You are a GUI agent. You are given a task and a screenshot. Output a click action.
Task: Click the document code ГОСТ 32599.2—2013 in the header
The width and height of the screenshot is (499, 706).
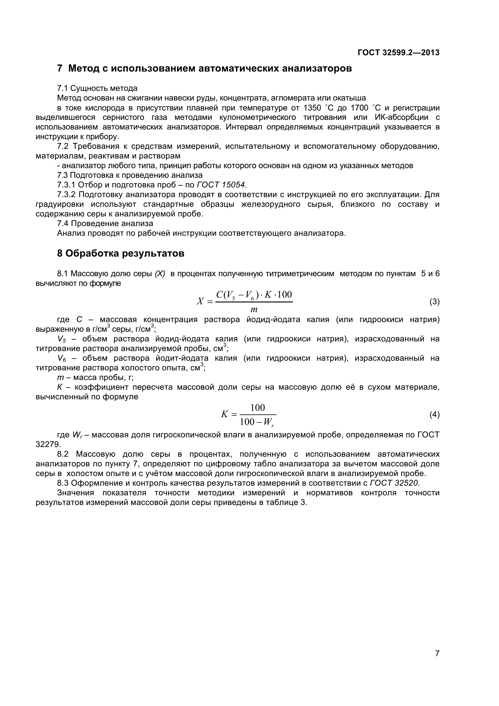pos(398,53)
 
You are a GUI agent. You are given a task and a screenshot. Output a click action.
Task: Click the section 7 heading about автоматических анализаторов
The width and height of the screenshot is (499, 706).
pos(204,68)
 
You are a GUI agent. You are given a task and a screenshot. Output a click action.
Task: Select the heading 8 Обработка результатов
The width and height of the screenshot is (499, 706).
pos(120,253)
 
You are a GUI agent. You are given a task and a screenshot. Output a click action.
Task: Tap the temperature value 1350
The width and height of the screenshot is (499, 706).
pos(312,108)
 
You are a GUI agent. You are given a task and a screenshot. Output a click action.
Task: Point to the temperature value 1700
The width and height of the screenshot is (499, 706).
pos(360,108)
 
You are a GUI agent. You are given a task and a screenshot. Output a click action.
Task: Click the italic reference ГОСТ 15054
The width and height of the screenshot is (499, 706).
pos(221,185)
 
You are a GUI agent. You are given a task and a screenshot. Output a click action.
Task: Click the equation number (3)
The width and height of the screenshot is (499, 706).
pos(434,302)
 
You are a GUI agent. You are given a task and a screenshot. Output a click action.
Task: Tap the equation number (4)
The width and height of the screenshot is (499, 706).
pos(434,415)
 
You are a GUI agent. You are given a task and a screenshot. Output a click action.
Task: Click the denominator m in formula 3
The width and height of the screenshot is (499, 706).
pos(254,309)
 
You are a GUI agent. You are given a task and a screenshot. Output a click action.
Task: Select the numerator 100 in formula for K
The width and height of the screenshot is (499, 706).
pos(257,408)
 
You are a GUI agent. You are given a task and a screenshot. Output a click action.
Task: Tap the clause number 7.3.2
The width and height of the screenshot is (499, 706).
pos(66,195)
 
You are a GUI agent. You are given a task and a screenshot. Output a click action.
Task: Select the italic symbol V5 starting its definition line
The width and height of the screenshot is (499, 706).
pos(62,340)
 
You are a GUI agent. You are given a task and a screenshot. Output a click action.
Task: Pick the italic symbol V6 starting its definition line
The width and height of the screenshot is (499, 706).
pos(62,359)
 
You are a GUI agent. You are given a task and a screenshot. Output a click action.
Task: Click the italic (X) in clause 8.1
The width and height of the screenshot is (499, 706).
pos(160,274)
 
